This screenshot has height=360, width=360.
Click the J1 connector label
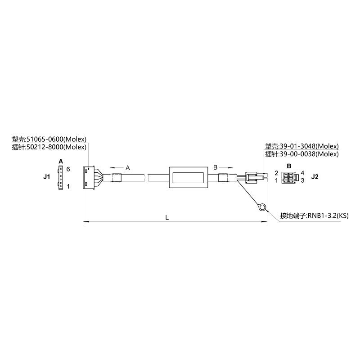click(47, 177)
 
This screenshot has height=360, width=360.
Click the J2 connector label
click(315, 177)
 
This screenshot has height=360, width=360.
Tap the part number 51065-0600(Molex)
click(57, 139)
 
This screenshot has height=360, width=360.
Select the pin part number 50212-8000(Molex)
click(57, 147)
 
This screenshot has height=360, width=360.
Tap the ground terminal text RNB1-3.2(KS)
click(328, 216)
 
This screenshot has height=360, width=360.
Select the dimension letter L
click(167, 217)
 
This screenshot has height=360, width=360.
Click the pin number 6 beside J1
click(68, 169)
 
